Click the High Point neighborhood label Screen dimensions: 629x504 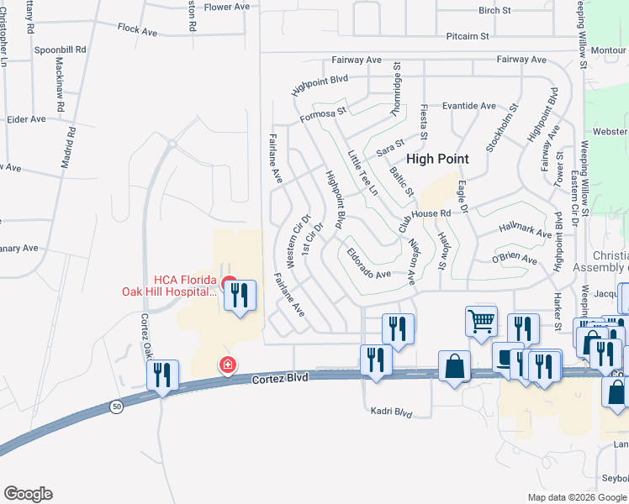tap(437, 158)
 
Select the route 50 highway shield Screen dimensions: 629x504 tap(116, 407)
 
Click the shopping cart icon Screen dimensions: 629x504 tap(481, 320)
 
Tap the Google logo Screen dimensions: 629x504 tap(28, 494)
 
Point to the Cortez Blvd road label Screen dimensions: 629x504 tap(280, 379)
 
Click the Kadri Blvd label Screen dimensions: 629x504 tap(392, 412)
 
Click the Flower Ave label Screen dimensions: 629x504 tap(227, 7)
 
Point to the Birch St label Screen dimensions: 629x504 tap(494, 11)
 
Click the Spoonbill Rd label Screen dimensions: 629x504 tap(61, 50)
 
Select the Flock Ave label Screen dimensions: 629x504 tap(138, 31)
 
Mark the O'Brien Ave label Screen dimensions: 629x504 tap(514, 260)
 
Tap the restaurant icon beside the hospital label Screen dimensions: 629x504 tap(240, 295)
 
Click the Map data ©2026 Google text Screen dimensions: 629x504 tap(576, 496)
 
